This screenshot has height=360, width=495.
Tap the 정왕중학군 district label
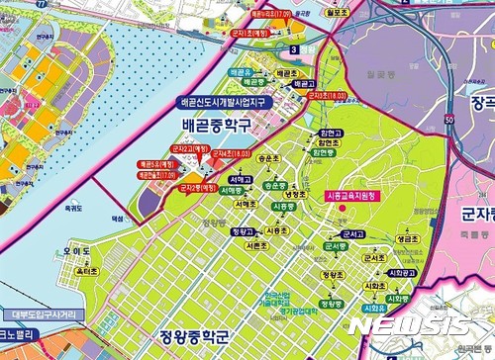click(199, 343)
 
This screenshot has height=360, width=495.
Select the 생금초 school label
click(405, 238)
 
